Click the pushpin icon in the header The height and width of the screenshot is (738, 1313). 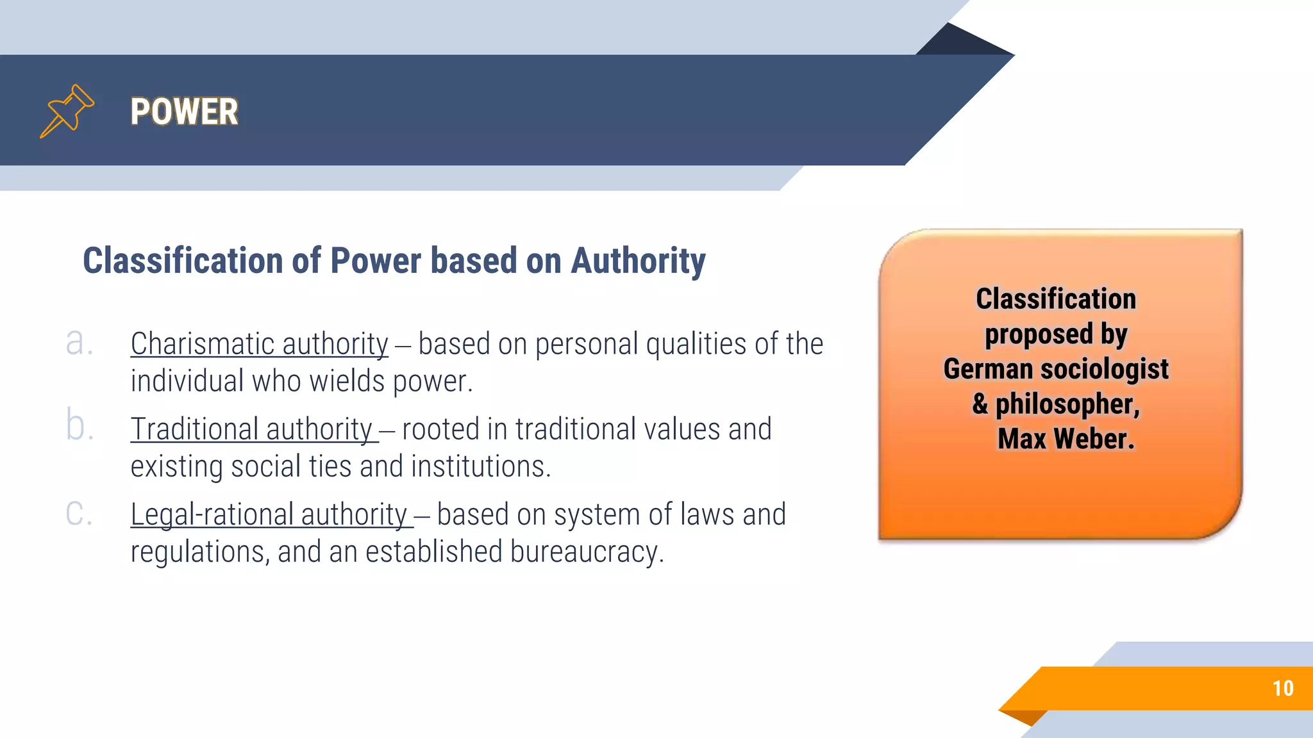pyautogui.click(x=67, y=111)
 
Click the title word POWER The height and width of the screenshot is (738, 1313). pyautogui.click(x=184, y=111)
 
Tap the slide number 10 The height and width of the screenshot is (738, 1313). pyautogui.click(x=1282, y=688)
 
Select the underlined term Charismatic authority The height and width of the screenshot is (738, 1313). pyautogui.click(x=259, y=344)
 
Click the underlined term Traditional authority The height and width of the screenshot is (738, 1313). pyautogui.click(x=252, y=429)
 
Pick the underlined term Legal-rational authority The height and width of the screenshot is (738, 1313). pyautogui.click(x=269, y=514)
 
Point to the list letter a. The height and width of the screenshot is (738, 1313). pyautogui.click(x=79, y=343)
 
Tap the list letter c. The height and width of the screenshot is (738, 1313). pyautogui.click(x=79, y=513)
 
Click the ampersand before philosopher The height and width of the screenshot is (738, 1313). pyautogui.click(x=980, y=404)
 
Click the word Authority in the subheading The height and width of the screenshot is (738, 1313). pyautogui.click(x=638, y=261)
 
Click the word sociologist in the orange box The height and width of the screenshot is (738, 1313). pyautogui.click(x=1104, y=369)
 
